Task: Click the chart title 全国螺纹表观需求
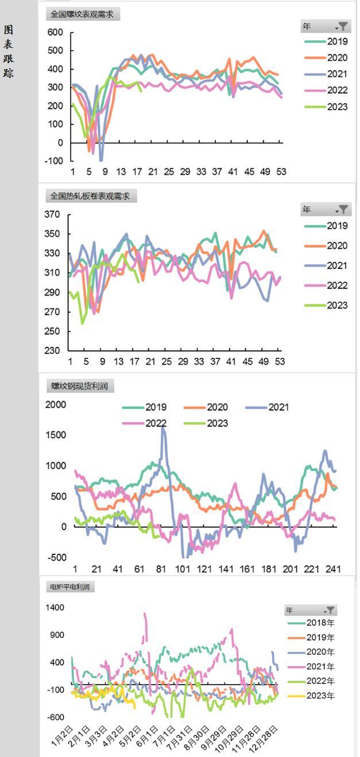tap(82, 14)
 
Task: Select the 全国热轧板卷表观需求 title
tap(90, 196)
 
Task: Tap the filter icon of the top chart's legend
tap(343, 26)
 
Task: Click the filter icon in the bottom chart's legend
tap(331, 611)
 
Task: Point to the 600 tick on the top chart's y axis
tap(55, 33)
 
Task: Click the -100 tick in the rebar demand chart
tap(53, 161)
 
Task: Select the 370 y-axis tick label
tap(52, 215)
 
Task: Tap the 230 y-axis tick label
tap(52, 351)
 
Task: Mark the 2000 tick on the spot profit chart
tap(56, 405)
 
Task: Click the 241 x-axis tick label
tap(334, 569)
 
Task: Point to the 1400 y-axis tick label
tap(55, 608)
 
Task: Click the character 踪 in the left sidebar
tap(9, 73)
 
